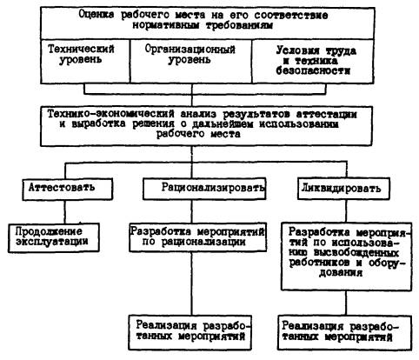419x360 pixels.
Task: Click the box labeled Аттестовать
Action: point(67,189)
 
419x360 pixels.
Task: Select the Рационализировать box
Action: point(204,189)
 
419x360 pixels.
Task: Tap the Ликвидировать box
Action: point(343,189)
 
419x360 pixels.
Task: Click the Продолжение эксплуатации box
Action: point(54,237)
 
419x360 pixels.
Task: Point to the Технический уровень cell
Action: point(85,61)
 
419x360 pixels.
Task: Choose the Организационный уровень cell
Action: point(191,61)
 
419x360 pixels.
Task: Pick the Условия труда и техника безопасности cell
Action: point(313,61)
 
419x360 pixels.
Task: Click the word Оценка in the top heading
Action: point(96,15)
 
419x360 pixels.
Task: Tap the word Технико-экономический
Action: point(111,114)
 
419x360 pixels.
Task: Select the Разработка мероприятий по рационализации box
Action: point(197,237)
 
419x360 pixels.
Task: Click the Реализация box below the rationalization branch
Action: point(190,332)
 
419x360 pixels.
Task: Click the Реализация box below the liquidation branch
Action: point(344,332)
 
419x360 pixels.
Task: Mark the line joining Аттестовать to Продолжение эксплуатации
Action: point(64,211)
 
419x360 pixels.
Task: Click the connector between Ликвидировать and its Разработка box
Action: point(346,211)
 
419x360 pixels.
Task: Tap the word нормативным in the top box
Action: point(166,25)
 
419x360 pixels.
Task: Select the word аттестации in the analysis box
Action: point(326,114)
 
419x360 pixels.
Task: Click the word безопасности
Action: point(313,70)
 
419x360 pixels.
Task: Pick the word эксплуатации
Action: point(52,242)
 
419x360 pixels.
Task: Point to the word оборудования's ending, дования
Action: point(341,273)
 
